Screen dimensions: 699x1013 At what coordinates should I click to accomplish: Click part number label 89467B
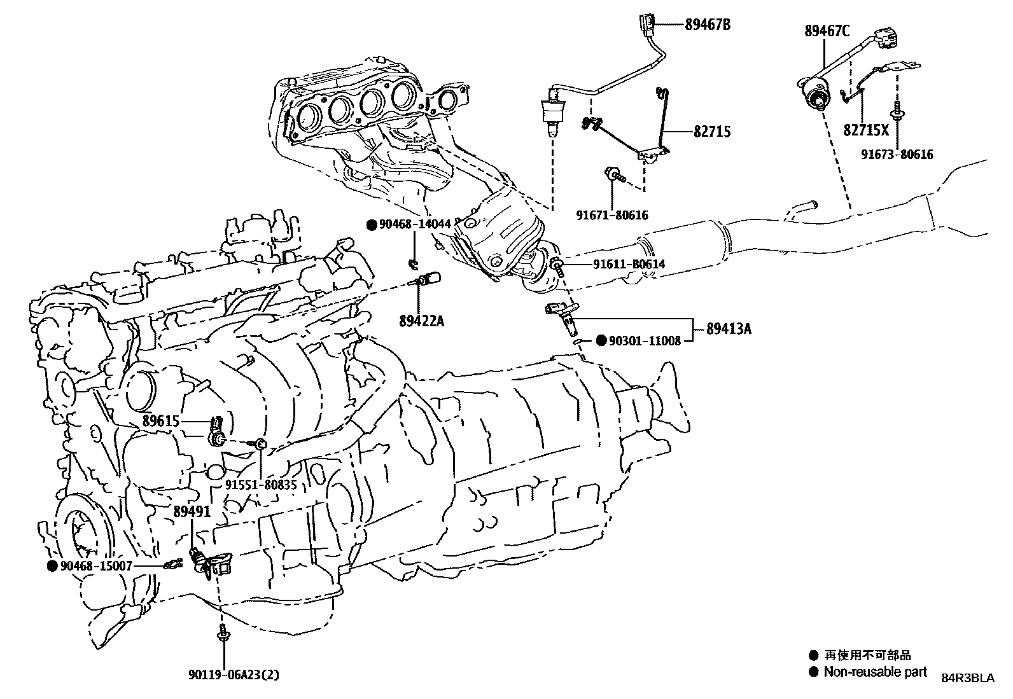click(707, 25)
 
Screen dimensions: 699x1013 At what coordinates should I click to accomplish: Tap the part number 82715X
click(866, 130)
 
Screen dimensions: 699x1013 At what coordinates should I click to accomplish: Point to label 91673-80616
click(898, 154)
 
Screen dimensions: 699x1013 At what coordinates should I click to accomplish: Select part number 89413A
click(729, 329)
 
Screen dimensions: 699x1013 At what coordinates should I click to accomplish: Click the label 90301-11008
click(645, 341)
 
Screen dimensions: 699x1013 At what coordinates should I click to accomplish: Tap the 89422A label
click(422, 321)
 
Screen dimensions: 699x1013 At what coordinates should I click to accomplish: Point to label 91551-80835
click(260, 485)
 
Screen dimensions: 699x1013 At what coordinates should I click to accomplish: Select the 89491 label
click(192, 511)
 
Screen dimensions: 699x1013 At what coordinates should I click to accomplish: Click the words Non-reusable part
click(875, 672)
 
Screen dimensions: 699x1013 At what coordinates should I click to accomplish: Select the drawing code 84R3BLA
click(967, 678)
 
